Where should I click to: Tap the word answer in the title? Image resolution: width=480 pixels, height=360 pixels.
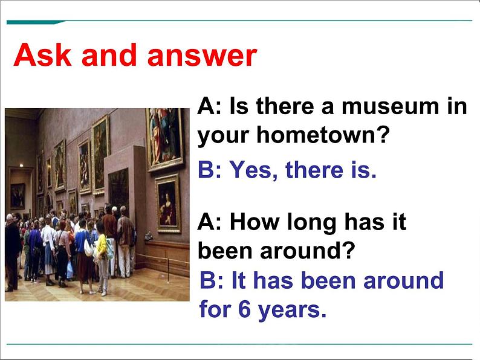coord(202,56)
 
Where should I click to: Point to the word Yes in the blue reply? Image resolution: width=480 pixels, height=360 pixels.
coord(250,170)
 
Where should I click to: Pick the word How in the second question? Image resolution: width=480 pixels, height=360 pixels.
coord(255,222)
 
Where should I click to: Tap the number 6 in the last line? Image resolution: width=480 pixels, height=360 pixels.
coord(244,309)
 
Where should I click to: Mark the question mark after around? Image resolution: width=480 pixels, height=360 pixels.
coord(348,250)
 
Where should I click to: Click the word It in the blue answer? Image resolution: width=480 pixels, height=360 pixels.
coord(238,280)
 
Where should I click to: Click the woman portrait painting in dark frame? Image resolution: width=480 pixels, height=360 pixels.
coord(167,203)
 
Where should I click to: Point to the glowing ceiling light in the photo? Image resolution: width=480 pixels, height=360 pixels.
coord(21,166)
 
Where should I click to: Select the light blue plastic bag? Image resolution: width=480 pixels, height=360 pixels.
coord(70,270)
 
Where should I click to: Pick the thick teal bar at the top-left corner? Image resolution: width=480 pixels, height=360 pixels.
coord(34,22)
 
